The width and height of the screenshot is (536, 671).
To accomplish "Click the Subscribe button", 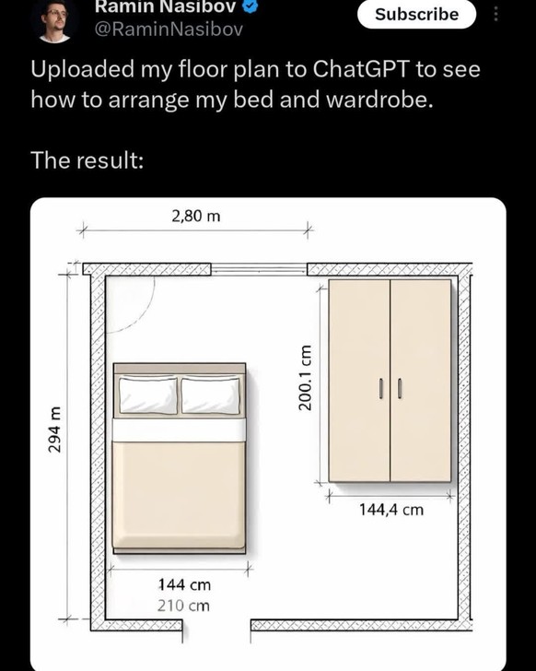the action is pos(416,14).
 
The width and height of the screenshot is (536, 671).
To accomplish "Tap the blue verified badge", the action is pos(251,6).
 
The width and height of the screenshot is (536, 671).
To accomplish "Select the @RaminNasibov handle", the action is pos(168,29).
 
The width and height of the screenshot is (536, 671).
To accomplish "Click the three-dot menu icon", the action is pos(495,15).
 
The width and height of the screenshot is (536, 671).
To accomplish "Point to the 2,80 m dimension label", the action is pos(196,216).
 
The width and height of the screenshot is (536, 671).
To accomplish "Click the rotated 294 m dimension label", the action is pos(54,430).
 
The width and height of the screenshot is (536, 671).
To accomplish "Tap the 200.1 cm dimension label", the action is pos(305,377).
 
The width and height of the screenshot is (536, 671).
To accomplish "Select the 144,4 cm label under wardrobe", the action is pos(391,510).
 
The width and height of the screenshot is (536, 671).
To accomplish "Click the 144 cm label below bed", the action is pos(184,584).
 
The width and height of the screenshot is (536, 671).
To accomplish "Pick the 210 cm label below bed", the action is pos(183,606).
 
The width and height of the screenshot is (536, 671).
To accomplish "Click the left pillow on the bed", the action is pos(148,395).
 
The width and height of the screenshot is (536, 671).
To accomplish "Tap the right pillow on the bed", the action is pos(210,395).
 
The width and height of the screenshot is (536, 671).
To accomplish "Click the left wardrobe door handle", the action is pos(380,389).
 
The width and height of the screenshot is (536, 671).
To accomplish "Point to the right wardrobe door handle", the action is pos(400,389).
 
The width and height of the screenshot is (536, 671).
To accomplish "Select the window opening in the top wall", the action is pos(259,269).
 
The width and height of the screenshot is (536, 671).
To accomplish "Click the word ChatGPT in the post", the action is pos(361,69).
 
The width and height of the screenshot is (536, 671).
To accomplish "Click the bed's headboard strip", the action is pos(180,368).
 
